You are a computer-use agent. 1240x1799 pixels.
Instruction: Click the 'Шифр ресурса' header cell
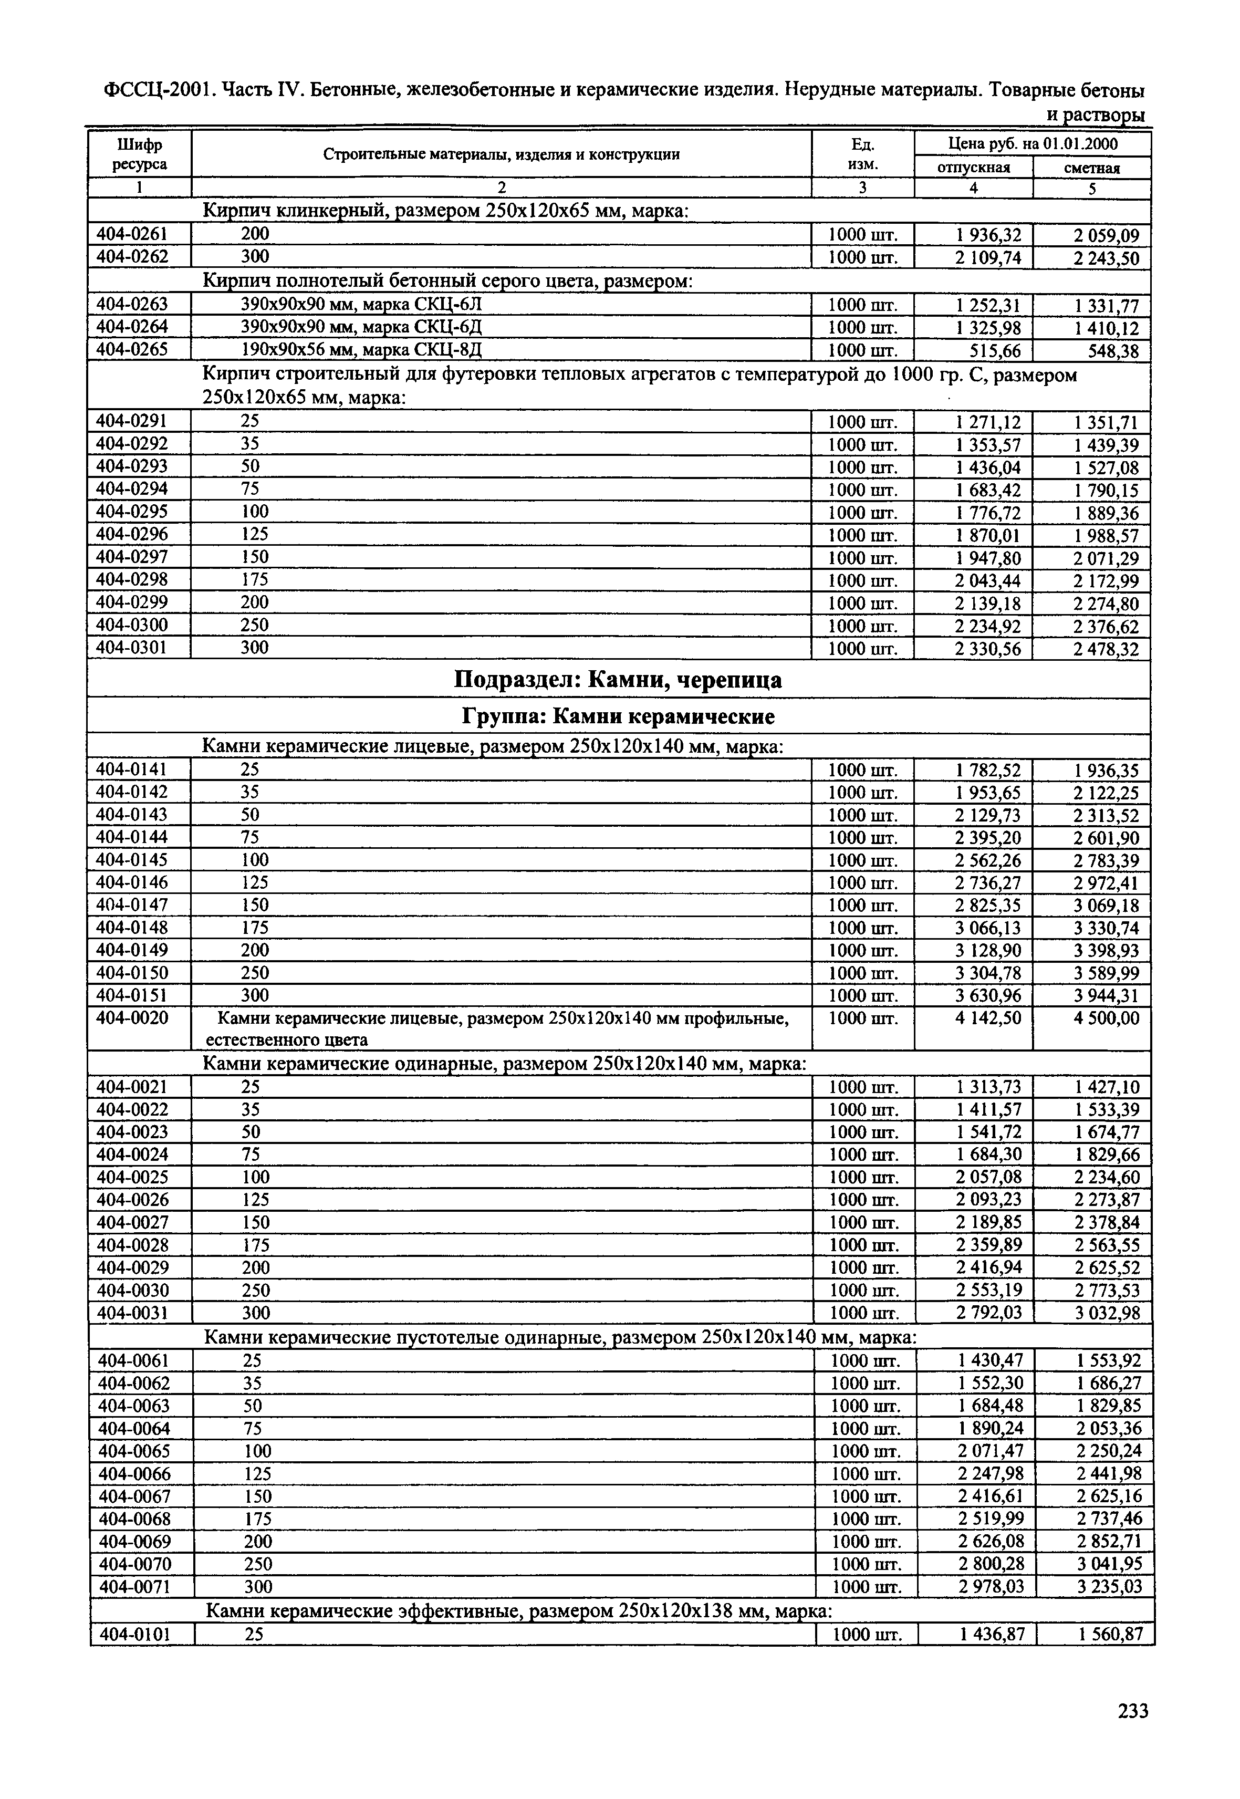click(x=139, y=154)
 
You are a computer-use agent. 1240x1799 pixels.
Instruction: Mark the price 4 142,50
click(x=987, y=1018)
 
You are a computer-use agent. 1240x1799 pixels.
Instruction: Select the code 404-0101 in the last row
click(x=136, y=1634)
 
